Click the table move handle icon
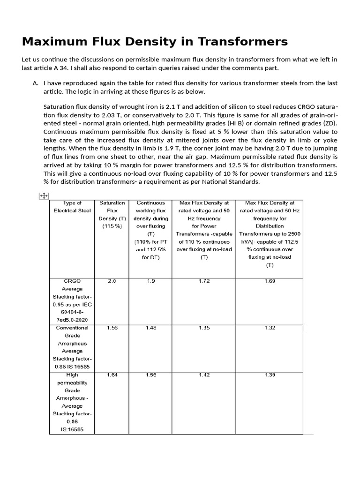43,197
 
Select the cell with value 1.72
204,281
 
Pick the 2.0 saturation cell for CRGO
112,281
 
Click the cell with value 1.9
151,281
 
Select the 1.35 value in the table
204,328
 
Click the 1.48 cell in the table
151,328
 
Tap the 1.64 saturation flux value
112,375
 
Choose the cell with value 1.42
204,375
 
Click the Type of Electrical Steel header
72,207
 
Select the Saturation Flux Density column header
112,214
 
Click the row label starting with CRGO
72,300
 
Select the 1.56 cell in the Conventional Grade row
112,328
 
